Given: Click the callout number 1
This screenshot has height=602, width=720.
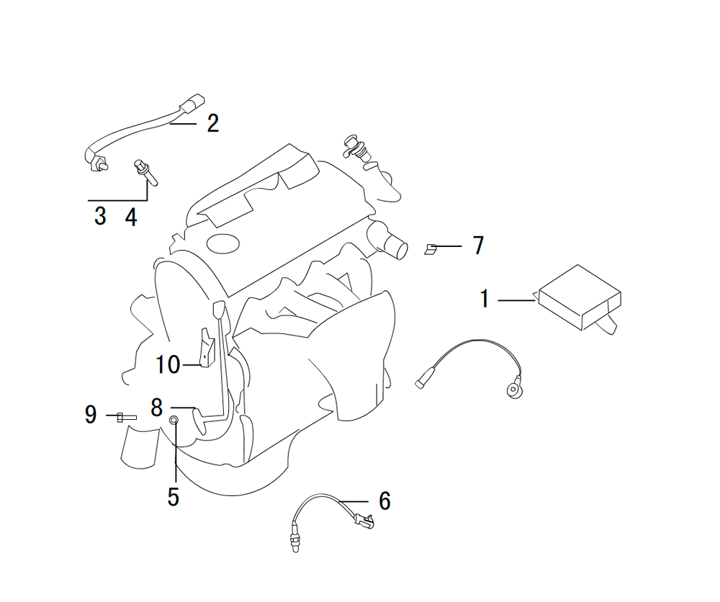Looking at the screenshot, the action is (485, 299).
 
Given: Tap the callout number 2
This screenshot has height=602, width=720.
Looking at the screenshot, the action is (212, 124).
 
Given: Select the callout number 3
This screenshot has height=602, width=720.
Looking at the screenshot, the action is (100, 216).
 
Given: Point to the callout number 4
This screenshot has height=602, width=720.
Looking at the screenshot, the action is (131, 217).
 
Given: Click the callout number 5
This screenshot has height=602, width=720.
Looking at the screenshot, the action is (173, 497).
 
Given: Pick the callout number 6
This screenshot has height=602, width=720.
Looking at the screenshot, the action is (384, 500).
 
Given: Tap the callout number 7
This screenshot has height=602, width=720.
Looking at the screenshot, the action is (479, 246).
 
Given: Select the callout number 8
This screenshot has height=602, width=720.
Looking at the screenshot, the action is (156, 408).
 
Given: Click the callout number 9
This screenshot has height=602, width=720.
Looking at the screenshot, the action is (91, 414).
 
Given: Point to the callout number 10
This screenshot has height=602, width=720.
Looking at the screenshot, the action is (168, 364).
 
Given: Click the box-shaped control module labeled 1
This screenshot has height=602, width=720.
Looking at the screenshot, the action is (580, 297).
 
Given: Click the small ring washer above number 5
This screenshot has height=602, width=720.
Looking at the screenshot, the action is (174, 420).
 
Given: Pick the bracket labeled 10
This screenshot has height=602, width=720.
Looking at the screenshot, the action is (207, 347).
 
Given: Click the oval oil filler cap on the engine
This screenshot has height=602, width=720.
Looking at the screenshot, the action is (223, 243).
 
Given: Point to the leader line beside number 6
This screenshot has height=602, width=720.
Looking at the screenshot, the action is (354, 501).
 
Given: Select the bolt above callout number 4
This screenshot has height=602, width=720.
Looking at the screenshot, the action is (145, 173).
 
